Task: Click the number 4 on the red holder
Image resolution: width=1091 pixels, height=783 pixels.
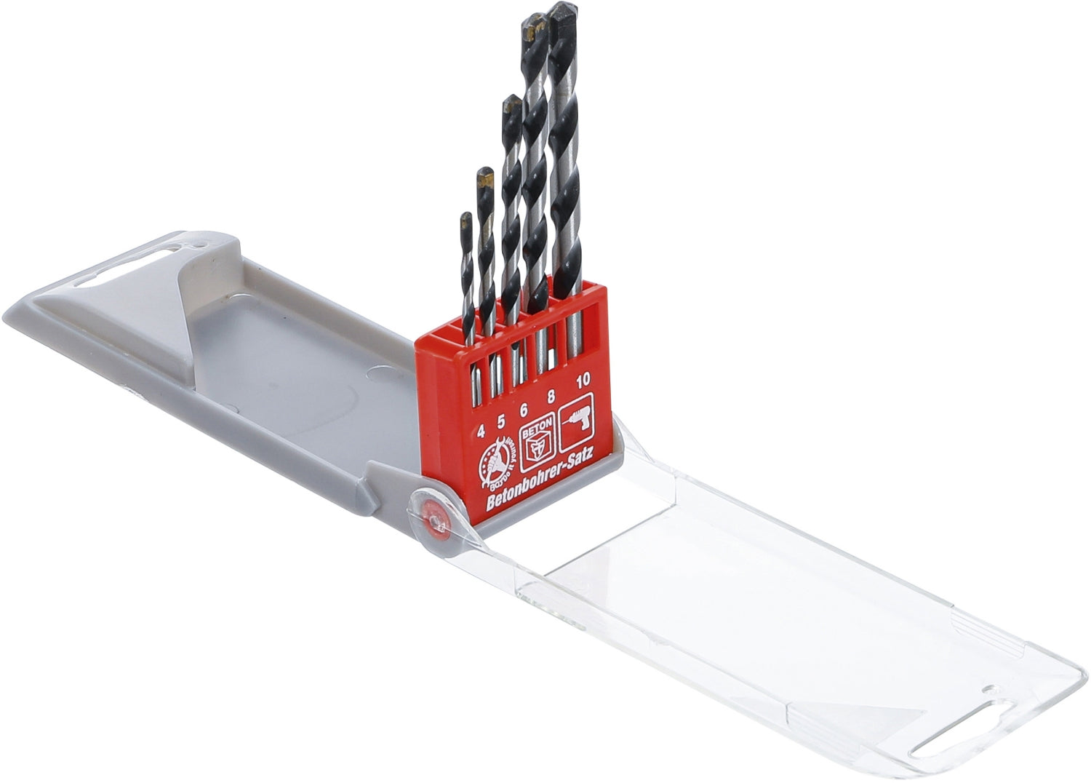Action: point(481,432)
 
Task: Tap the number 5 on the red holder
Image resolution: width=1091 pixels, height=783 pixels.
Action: point(500,421)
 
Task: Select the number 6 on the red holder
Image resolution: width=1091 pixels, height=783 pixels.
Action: point(523,410)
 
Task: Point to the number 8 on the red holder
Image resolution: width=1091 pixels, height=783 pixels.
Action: point(551,397)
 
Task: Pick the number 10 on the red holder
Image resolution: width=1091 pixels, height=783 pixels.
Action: point(582,381)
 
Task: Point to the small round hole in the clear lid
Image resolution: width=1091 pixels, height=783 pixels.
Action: point(986,690)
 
